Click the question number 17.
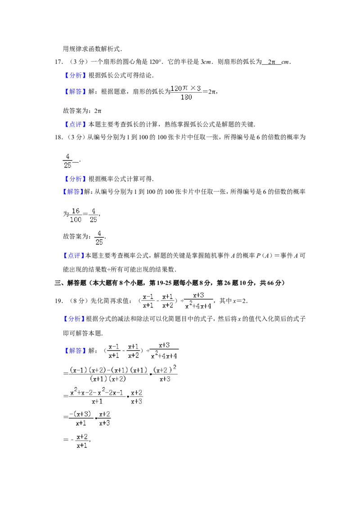(x=58, y=62)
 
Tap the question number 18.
(x=58, y=137)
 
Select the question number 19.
(x=58, y=301)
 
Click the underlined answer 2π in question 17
(x=272, y=62)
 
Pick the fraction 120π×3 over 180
(x=186, y=93)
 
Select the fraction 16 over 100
(x=76, y=215)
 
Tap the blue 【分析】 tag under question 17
(x=76, y=75)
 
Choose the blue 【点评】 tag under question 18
(x=73, y=256)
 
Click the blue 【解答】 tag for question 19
(x=76, y=351)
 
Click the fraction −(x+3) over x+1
(x=81, y=419)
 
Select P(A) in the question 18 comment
(x=264, y=256)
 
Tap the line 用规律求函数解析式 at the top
(x=92, y=49)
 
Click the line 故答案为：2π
(x=82, y=111)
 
